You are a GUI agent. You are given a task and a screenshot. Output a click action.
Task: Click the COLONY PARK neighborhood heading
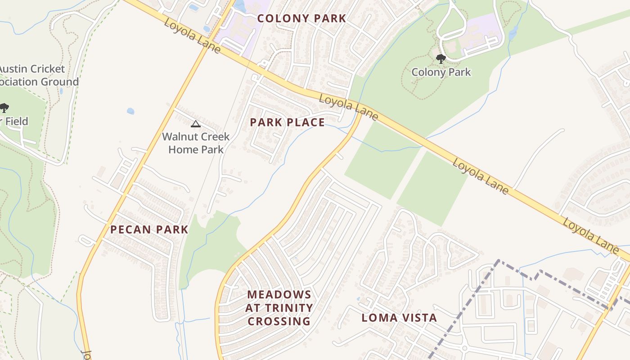point(301,18)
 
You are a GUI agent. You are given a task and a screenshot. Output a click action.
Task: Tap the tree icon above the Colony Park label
point(441,58)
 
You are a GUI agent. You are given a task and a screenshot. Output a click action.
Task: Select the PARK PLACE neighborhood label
point(287,122)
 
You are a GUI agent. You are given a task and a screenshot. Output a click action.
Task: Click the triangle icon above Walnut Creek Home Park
point(196,124)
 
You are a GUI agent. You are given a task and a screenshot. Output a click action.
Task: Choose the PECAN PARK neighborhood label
point(149,229)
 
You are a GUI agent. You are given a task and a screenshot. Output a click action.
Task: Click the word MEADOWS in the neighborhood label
point(279,295)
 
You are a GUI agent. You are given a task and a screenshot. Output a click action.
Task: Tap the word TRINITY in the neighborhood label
point(287,308)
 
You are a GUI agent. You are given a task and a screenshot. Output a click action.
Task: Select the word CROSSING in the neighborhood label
point(279,321)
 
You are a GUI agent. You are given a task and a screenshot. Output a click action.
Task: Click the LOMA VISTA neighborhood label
point(399,318)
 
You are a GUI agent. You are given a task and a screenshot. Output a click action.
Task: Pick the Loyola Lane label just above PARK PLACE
point(348,107)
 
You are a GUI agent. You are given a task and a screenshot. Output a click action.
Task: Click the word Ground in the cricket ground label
point(60,82)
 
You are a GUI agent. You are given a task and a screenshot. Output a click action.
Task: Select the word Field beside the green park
point(17,121)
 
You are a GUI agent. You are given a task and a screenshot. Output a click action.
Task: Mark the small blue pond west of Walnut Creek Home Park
point(130,111)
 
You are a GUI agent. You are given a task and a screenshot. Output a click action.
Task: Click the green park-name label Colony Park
point(441,72)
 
